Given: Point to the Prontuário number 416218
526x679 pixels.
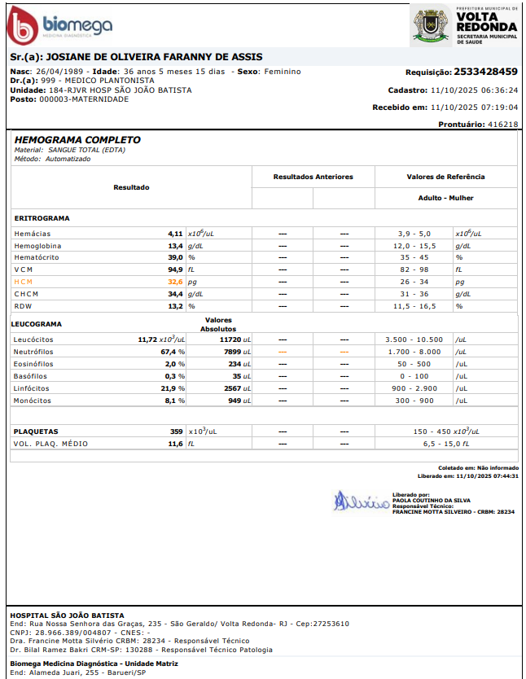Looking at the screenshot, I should click(502, 125).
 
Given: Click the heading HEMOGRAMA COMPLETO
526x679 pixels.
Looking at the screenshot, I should click(77, 140).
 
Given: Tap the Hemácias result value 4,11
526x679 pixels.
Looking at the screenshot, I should click(175, 233).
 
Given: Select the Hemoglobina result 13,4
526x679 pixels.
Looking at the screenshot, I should click(175, 245).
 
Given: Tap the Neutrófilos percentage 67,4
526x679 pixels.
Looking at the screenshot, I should click(169, 352).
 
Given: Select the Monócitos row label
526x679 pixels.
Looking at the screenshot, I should click(32, 401).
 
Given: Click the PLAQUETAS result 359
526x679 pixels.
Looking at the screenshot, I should click(176, 431).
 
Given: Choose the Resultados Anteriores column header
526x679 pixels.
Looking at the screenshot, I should click(313, 177).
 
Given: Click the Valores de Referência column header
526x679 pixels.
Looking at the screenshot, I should click(445, 177).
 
